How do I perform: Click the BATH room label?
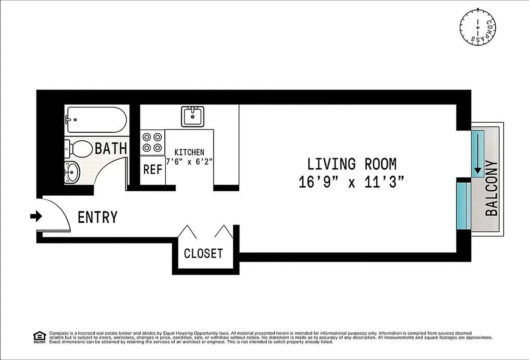(111, 148)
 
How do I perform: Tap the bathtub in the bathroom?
(95, 120)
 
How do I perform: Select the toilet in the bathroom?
(77, 148)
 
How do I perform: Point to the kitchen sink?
(193, 117)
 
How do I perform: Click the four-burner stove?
(152, 142)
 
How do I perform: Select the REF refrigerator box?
(152, 170)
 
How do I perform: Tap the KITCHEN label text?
(189, 152)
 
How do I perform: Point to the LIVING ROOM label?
(352, 163)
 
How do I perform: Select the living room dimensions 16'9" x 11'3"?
(352, 182)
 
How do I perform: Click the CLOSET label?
(203, 253)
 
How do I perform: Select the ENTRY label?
(97, 217)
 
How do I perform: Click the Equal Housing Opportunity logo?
(40, 337)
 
